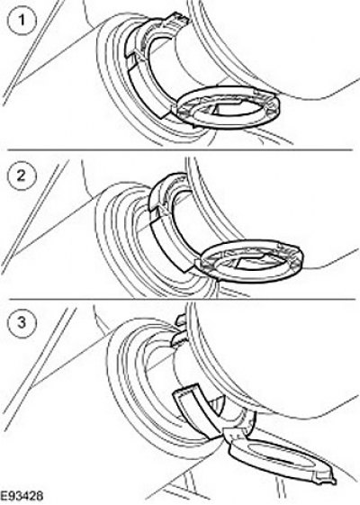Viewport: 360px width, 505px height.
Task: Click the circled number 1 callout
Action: pos(21,21)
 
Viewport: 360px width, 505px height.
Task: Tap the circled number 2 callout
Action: pos(21,176)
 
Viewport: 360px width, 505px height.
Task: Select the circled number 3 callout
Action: pos(21,321)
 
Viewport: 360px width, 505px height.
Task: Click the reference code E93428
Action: pos(22,496)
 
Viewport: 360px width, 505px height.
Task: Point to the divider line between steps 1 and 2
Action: pos(180,149)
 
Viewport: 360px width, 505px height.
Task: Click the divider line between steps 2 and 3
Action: pos(182,299)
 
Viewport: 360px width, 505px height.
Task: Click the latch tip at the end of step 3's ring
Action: pos(327,478)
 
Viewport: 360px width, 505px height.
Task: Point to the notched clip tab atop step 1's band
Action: pos(178,19)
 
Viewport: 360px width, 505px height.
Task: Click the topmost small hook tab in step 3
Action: pos(181,320)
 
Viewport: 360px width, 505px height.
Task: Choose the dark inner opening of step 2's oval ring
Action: pos(256,262)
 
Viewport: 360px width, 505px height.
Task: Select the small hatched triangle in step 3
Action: pos(216,404)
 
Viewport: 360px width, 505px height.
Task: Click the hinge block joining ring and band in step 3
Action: pos(236,434)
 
